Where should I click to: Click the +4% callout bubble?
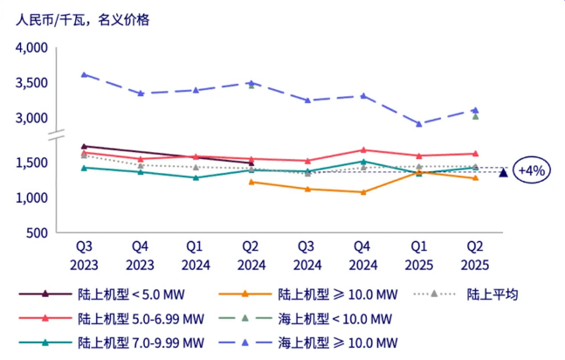coord(532,170)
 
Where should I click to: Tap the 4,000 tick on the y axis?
coord(31,48)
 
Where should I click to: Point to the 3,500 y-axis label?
coord(31,83)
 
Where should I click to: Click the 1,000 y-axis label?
coord(31,197)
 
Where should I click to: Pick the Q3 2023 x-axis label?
coord(84,254)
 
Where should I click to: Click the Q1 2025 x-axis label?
coord(419,254)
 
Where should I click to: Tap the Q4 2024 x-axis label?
coord(363,254)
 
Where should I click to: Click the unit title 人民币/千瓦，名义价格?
coord(82,19)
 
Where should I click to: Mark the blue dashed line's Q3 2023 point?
coord(84,75)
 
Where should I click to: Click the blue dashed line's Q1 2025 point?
coord(419,124)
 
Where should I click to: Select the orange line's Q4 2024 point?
coord(363,192)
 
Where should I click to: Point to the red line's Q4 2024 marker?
coord(363,150)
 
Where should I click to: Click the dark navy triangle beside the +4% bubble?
coord(503,173)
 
